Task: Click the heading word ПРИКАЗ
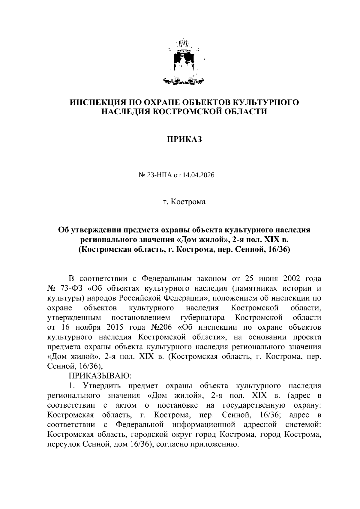coord(184,139)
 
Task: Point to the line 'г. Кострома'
coord(184,202)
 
